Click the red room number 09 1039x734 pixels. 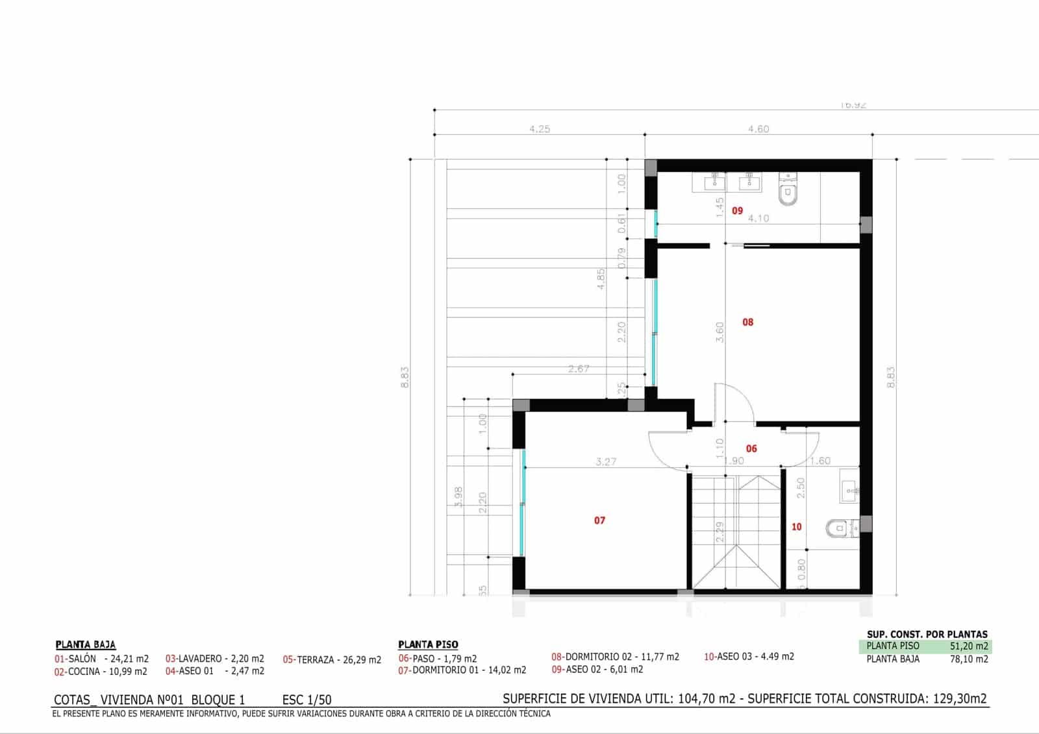pos(737,211)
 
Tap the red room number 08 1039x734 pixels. pos(747,322)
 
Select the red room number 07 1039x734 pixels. pos(599,520)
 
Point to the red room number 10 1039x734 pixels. pos(796,527)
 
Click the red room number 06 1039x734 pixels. pos(751,448)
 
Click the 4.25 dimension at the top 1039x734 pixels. pos(539,129)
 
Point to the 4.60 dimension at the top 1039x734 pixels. pos(758,129)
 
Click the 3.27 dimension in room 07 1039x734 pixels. pos(605,462)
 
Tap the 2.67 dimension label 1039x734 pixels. pos(578,369)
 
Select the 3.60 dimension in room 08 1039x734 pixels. pos(720,332)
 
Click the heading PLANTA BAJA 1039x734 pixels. pos(85,644)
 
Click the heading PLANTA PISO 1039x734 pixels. pos(428,644)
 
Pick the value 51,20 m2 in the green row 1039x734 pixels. pos(968,646)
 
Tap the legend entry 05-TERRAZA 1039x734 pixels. pos(332,659)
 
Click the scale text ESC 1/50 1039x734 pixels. pos(307,700)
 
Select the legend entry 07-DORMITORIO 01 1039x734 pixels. pos(462,670)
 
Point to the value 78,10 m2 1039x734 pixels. pos(968,659)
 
